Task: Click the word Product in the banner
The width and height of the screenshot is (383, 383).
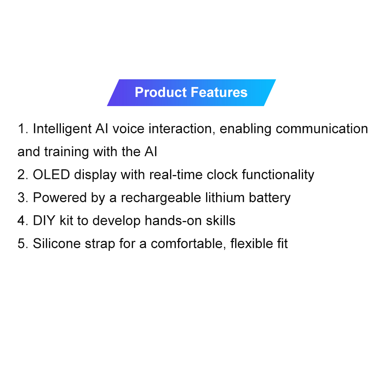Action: coord(161,92)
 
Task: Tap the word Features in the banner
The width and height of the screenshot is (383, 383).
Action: coord(219,92)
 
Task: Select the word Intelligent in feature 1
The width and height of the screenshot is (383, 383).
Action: coord(62,129)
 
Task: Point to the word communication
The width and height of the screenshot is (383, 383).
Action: coord(322,129)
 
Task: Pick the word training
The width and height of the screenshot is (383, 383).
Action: coord(66,152)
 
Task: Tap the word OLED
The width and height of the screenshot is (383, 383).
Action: coord(51,175)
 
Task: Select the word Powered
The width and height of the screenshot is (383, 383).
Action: coord(60,198)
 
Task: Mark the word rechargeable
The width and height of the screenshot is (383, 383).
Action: coord(161,198)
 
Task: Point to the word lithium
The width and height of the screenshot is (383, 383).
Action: coord(225,198)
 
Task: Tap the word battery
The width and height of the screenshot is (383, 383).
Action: coord(270,198)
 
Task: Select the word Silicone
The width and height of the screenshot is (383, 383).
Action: coord(57,244)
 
